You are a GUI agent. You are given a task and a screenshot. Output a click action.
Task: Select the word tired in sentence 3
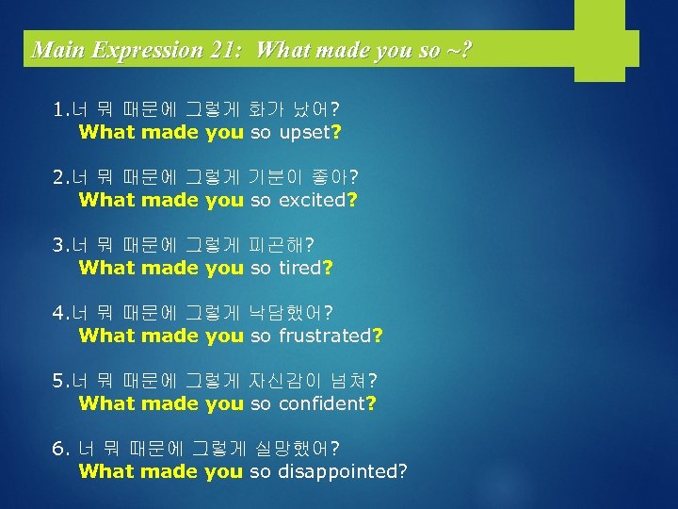(x=300, y=268)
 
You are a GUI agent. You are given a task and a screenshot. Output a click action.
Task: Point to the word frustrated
(x=325, y=336)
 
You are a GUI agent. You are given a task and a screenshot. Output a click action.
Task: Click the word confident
(x=321, y=403)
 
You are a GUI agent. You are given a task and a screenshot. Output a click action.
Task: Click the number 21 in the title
(x=225, y=49)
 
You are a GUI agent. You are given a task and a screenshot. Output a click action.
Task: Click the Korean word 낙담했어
(x=285, y=313)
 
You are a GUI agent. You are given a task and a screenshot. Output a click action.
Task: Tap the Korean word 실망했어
(x=291, y=448)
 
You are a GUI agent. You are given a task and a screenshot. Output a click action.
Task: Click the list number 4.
(x=59, y=313)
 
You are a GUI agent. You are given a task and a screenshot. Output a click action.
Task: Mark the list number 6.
(x=59, y=449)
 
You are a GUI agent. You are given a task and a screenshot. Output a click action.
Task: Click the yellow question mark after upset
(x=335, y=133)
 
